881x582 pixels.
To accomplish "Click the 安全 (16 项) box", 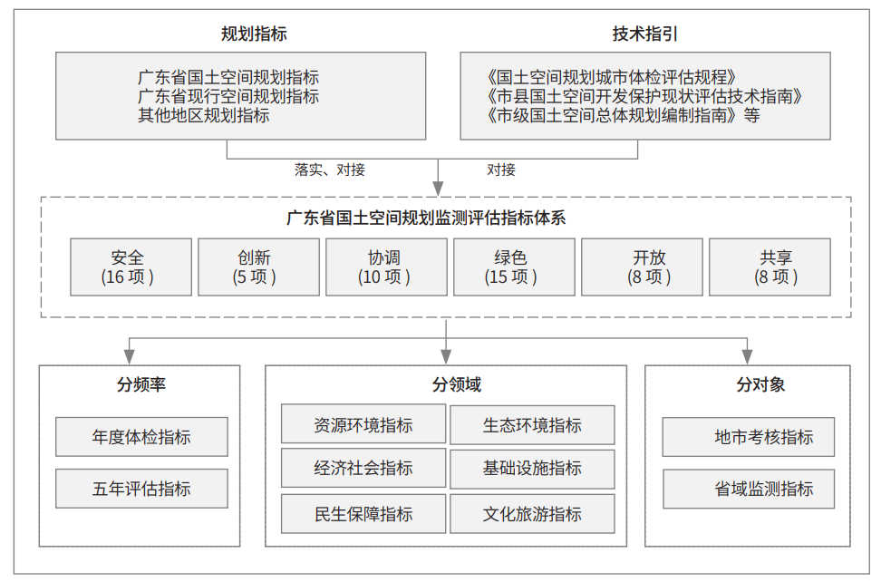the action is (131, 267).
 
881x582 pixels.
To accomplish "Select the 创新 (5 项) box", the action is (258, 267).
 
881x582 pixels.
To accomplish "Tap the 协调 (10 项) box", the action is (386, 267).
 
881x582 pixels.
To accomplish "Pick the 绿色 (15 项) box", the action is (514, 267).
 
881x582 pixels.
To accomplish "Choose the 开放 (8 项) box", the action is (642, 267).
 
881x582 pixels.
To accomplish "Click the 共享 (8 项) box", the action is (770, 267).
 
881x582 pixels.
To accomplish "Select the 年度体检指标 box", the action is (141, 437).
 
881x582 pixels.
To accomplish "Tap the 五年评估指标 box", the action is (141, 489).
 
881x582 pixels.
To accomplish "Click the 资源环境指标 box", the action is (363, 424).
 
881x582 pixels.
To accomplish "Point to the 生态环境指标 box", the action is (532, 424).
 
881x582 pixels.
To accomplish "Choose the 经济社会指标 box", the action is (363, 468).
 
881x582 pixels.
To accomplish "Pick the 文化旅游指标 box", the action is (532, 514).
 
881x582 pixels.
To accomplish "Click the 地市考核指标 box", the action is (749, 437).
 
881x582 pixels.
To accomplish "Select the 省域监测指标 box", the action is (749, 489).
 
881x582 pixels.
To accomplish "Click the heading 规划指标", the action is (254, 34).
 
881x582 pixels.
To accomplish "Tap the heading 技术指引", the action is (645, 34).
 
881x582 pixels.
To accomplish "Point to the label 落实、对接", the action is (330, 170).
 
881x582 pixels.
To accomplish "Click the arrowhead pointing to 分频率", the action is (130, 357).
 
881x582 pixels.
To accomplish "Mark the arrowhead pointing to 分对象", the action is (747, 357).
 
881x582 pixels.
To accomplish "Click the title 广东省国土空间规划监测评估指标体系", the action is (426, 218).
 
